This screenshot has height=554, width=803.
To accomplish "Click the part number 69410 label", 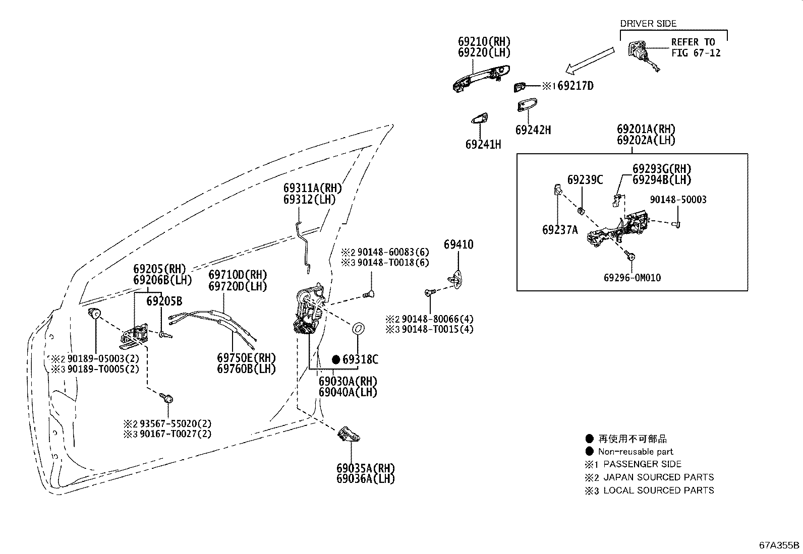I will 458,245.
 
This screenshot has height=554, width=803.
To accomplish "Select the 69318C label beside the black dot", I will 360,359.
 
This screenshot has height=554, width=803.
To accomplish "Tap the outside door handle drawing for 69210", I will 481,78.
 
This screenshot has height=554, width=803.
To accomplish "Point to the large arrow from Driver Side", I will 590,59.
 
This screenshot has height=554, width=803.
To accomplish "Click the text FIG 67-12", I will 696,52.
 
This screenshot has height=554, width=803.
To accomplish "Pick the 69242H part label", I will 533,130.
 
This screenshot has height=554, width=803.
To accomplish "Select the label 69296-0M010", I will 632,278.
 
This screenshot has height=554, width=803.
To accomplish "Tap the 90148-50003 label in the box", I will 678,200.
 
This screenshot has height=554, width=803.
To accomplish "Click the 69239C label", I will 585,180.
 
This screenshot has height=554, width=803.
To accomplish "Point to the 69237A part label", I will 560,230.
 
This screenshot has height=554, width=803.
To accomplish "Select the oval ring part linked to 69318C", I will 357,329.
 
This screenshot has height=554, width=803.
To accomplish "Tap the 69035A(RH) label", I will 366,468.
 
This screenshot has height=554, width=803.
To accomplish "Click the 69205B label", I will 164,301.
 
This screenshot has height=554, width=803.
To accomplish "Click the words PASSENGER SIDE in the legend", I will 642,464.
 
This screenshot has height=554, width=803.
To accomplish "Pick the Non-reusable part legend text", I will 636,452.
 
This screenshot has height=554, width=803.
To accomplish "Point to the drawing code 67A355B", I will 779,545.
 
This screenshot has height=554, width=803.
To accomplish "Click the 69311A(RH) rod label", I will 313,189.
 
